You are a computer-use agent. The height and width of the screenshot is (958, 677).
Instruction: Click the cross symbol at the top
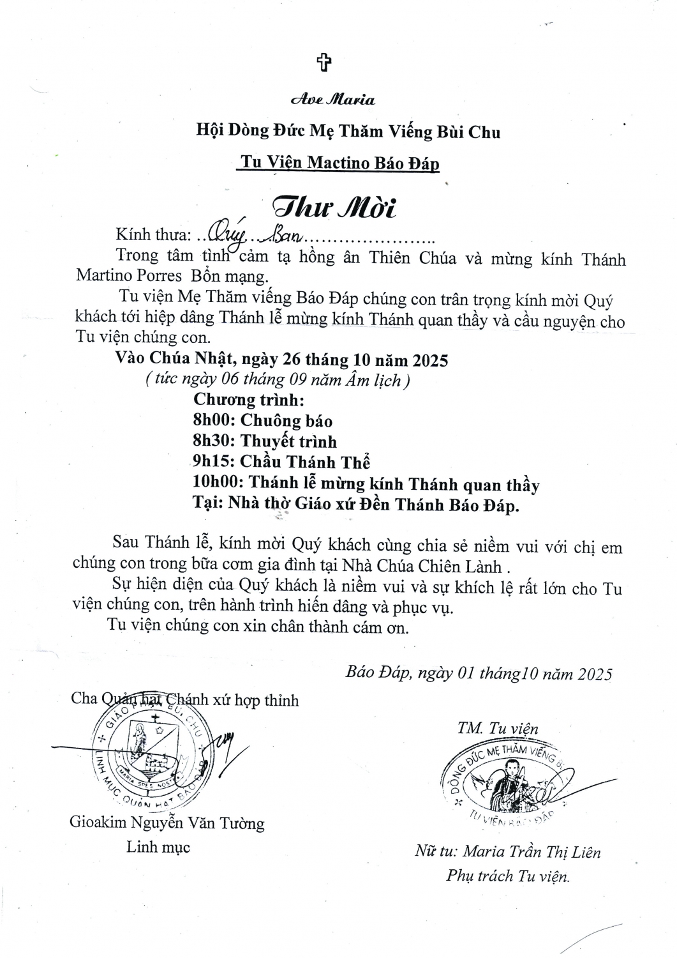[325, 63]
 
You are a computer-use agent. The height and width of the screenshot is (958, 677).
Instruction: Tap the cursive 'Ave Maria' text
[332, 100]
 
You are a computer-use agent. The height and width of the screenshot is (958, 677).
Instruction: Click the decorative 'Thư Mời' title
[334, 207]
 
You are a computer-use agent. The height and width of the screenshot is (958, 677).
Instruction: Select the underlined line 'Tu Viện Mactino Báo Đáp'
[338, 162]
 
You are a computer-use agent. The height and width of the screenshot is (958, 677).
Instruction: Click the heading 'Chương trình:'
[248, 400]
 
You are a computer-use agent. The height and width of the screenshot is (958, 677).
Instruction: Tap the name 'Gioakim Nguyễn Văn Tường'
[167, 823]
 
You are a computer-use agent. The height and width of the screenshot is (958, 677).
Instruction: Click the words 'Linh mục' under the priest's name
[158, 848]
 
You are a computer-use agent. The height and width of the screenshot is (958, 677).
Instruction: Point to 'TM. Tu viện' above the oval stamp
[497, 728]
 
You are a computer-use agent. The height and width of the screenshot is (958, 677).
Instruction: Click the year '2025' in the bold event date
[430, 360]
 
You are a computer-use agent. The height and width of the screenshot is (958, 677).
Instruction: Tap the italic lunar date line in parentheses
[278, 381]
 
